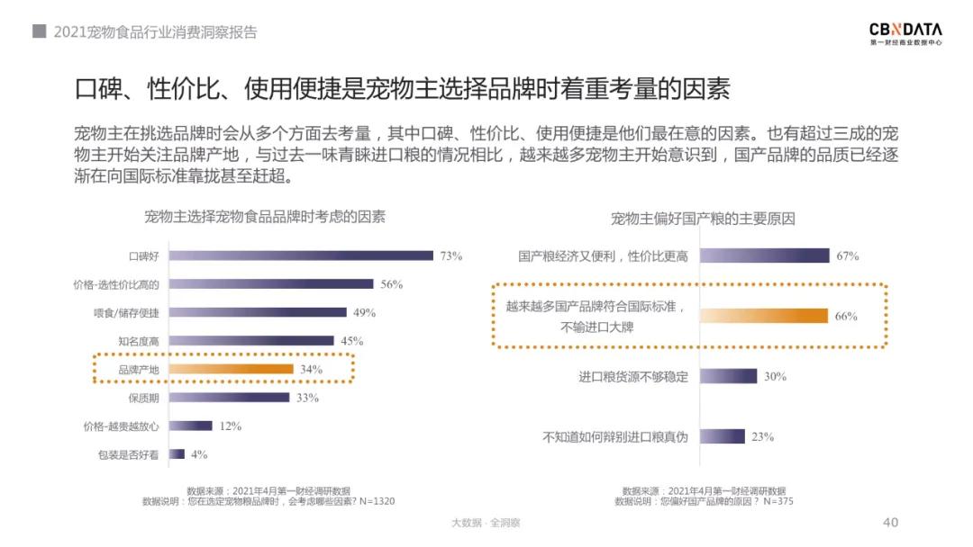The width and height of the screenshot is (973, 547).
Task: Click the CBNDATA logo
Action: [x=905, y=33]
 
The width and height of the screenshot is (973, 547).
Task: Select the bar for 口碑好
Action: [x=301, y=256]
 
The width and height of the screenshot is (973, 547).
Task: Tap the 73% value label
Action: [x=450, y=256]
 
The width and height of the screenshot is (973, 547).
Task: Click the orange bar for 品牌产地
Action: [x=232, y=369]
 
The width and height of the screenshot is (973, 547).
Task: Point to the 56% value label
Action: [x=391, y=284]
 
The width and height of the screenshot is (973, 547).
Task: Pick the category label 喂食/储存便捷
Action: [x=127, y=313]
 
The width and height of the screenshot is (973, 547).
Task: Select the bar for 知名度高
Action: [x=251, y=341]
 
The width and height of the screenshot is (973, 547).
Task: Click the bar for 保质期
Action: [x=229, y=398]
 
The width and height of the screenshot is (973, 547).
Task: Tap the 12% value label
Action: [x=230, y=426]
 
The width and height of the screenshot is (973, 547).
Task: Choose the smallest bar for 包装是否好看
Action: [x=177, y=454]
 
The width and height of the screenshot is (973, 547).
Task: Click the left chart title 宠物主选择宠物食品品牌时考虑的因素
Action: [x=265, y=217]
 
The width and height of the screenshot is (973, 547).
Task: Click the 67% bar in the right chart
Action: [x=764, y=256]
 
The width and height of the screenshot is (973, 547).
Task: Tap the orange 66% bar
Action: [x=763, y=316]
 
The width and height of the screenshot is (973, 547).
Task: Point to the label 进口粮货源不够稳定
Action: [x=632, y=377]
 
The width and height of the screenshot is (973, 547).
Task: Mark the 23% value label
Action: [x=762, y=437]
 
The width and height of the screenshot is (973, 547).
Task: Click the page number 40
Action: [x=890, y=523]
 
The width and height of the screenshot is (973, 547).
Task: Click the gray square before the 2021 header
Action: [x=39, y=31]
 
